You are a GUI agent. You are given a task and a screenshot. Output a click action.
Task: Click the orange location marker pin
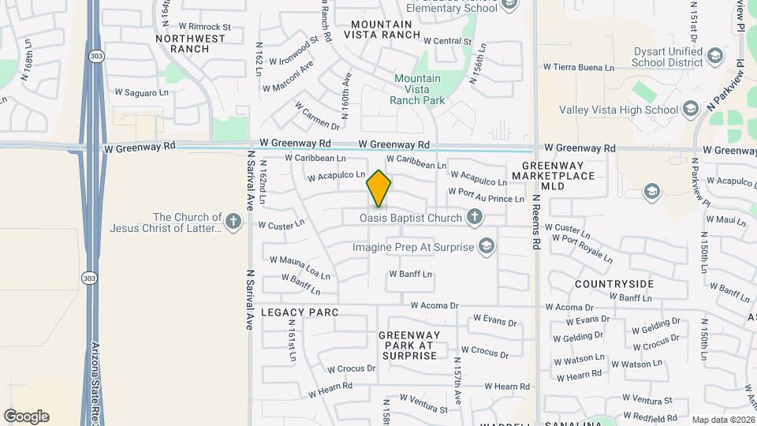(378, 189)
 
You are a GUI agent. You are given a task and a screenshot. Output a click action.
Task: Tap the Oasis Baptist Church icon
(475, 216)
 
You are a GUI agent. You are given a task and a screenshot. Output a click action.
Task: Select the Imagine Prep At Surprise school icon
(487, 247)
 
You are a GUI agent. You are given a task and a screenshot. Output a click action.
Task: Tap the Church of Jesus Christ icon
(233, 222)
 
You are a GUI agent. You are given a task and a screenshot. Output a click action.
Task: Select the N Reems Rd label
(536, 223)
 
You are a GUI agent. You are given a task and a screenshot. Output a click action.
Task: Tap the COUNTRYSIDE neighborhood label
(614, 283)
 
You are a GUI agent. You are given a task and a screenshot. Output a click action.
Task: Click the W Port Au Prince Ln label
(486, 196)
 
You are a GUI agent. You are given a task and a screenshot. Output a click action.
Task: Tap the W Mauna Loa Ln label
(300, 268)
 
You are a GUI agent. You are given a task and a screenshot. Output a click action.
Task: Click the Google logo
(26, 417)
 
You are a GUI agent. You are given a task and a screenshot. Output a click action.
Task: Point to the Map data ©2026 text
(722, 420)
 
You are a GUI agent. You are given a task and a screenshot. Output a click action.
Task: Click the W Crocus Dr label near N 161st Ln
(351, 368)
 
